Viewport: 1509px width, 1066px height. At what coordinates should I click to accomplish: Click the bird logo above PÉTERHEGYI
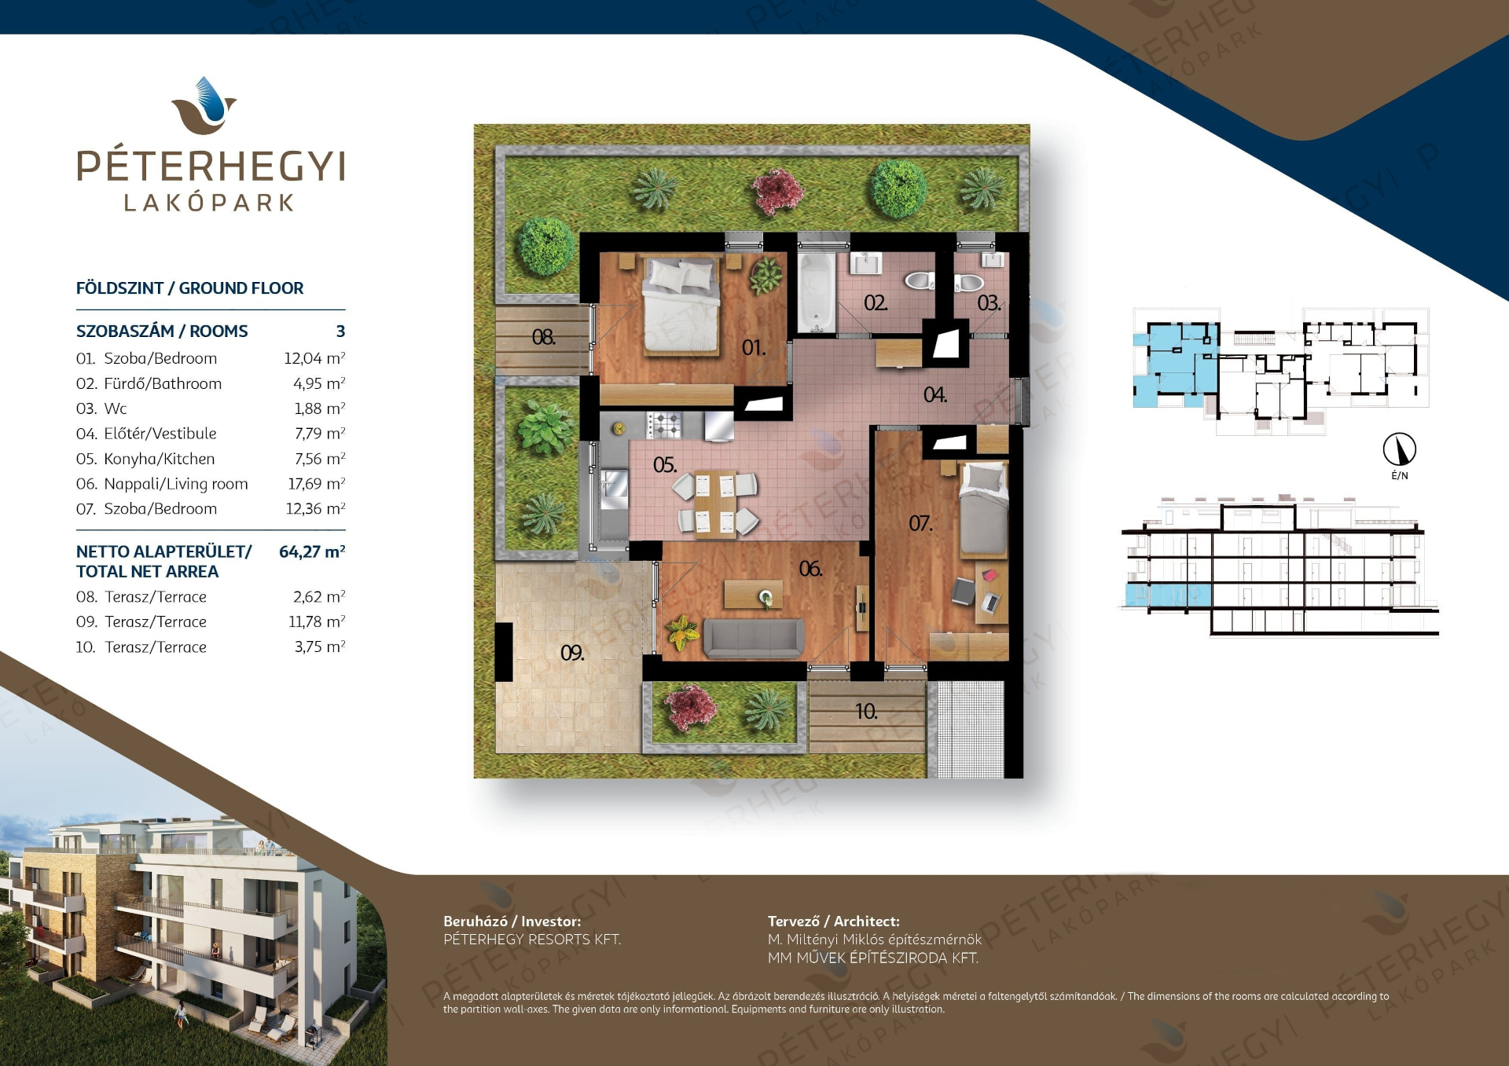[x=204, y=106]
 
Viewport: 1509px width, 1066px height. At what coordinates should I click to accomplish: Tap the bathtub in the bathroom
[x=817, y=291]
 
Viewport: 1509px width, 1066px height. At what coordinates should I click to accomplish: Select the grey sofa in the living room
[x=754, y=638]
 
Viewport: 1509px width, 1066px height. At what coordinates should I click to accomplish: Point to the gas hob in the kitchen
[x=664, y=425]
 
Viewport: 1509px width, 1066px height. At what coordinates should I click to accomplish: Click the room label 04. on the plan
[x=934, y=394]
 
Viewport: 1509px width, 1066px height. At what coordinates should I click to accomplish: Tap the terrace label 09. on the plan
[x=572, y=653]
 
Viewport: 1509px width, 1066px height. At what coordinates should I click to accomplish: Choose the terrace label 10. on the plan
[x=866, y=712]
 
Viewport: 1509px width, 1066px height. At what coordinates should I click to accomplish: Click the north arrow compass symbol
[x=1400, y=449]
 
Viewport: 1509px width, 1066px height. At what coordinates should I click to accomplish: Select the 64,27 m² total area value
[x=312, y=551]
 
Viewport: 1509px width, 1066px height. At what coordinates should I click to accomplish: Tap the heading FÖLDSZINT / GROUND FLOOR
[x=189, y=288]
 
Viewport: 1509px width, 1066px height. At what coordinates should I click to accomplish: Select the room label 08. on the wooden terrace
[x=543, y=337]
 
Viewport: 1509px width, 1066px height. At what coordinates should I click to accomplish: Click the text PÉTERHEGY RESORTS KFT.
[x=532, y=940]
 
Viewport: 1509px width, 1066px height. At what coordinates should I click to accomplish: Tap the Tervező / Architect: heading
[x=834, y=921]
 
